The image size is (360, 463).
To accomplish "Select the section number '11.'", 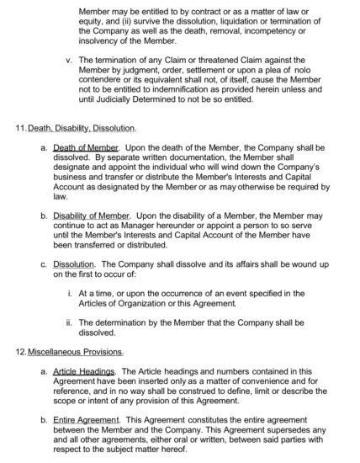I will pyautogui.click(x=22, y=128).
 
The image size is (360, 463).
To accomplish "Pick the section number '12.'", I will pyautogui.click(x=22, y=350).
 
